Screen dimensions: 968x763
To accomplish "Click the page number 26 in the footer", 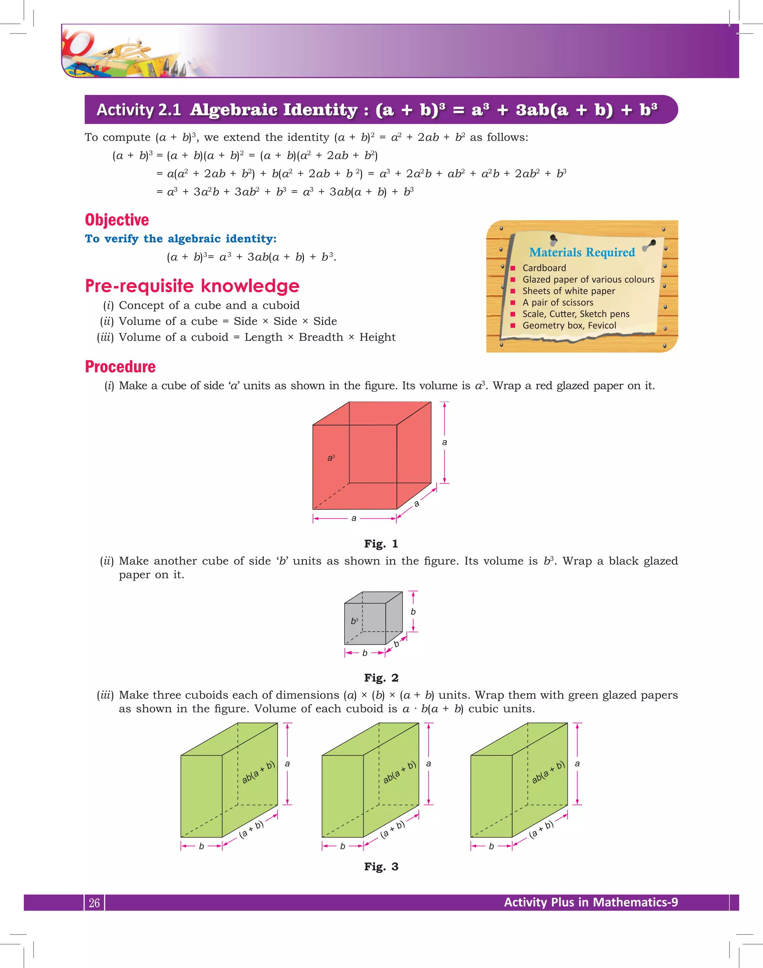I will [94, 903].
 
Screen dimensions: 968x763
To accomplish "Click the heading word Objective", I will [117, 220].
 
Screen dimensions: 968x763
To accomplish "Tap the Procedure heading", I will [120, 366].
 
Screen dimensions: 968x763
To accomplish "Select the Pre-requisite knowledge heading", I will [192, 286].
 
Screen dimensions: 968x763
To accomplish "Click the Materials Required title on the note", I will [582, 252].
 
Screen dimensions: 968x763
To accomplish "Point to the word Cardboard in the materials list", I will [544, 268].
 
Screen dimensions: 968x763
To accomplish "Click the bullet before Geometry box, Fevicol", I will [513, 325].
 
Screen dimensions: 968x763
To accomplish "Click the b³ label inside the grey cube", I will [354, 621].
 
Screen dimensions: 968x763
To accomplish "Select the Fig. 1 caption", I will [381, 544].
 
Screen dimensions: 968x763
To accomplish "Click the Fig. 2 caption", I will [381, 678].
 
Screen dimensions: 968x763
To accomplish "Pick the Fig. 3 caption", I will [381, 867].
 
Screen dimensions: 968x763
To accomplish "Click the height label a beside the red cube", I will [444, 442].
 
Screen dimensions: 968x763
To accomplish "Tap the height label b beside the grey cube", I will [413, 612].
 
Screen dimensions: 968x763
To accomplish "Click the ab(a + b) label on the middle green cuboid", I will [399, 772].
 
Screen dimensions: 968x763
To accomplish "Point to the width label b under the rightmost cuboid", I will [491, 846].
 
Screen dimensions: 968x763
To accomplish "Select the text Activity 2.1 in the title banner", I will [139, 110].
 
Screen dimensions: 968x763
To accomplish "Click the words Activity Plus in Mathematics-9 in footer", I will [591, 902].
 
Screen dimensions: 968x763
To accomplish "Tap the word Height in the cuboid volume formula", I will [377, 337].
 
